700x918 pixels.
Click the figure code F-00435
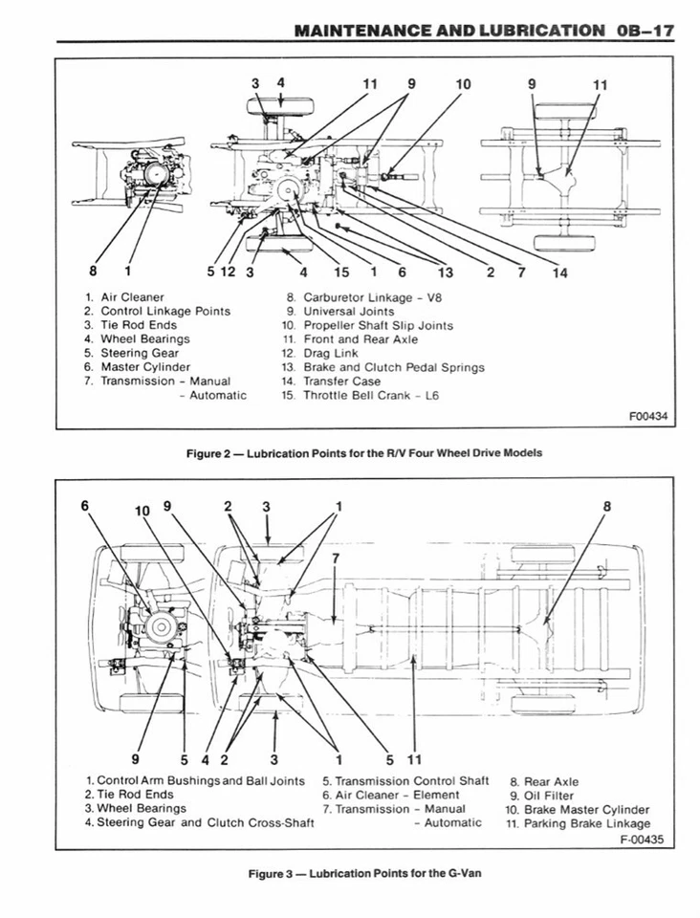pyautogui.click(x=641, y=840)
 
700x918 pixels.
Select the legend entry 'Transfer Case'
pyautogui.click(x=344, y=381)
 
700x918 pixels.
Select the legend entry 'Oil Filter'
pyautogui.click(x=548, y=795)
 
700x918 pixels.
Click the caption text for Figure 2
pyautogui.click(x=363, y=452)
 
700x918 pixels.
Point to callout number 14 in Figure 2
pyautogui.click(x=559, y=273)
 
